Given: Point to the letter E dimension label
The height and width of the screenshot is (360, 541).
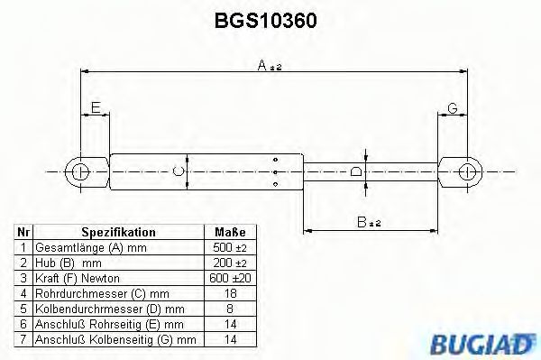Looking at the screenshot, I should (94, 108).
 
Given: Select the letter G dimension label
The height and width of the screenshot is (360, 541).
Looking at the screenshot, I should (453, 108).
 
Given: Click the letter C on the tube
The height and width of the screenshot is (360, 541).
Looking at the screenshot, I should (179, 170).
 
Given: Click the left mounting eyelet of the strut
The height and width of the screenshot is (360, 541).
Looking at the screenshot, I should (79, 171).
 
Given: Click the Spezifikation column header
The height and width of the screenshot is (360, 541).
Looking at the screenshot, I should (118, 232).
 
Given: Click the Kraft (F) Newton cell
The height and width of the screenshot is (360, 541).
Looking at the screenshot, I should (77, 278).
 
